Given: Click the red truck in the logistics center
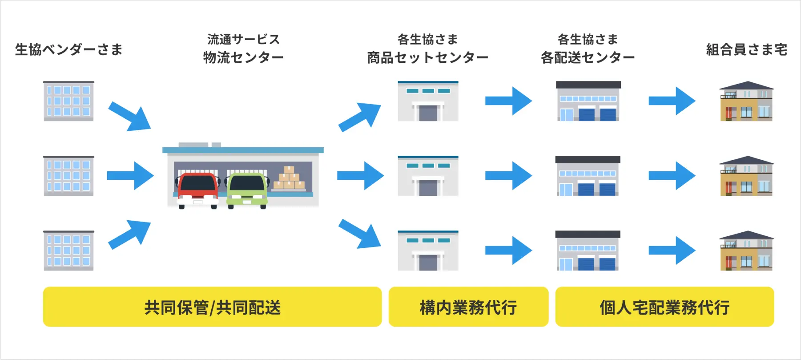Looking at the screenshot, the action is coord(198,190).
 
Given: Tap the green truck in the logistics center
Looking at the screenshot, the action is coord(247,190).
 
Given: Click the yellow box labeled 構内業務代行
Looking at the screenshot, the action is coord(468,307).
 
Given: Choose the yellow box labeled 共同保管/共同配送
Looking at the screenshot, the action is coord(212,307).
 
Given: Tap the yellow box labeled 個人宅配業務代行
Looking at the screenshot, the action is coord(664,307).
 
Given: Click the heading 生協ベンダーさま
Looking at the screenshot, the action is coord(69,49).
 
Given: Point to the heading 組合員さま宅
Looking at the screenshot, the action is coord(747,49).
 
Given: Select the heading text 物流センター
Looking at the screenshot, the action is coord(243,57).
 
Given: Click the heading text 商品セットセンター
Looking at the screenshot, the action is coord(427,57).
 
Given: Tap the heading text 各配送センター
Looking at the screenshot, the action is coord(588,57).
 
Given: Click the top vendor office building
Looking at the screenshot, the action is coord(68,101).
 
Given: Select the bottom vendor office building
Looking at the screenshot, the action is coord(68,251).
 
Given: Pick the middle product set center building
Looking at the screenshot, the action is coord(428,176).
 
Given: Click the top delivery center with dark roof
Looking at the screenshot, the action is coord(588,101).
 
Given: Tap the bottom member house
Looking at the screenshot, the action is coord(747,251).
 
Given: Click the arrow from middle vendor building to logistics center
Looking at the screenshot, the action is coord(130,176).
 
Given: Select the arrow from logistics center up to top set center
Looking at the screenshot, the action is coord(359,117).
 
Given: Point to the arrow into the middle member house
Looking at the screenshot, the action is coord(672,176).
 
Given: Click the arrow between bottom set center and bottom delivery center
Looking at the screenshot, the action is coord(509,251).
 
